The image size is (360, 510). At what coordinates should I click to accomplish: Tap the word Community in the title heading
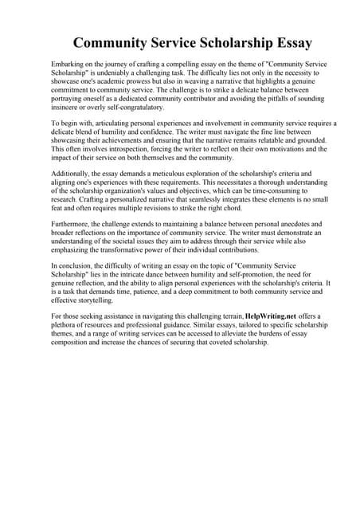pos(118,42)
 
